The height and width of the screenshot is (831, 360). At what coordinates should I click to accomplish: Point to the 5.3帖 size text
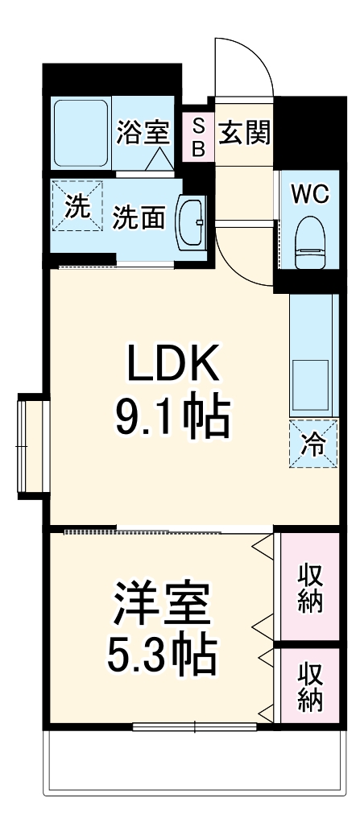(x=162, y=656)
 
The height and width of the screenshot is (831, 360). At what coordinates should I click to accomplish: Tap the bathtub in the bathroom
(x=81, y=133)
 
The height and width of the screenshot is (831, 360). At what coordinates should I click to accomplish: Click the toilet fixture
(x=311, y=242)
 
